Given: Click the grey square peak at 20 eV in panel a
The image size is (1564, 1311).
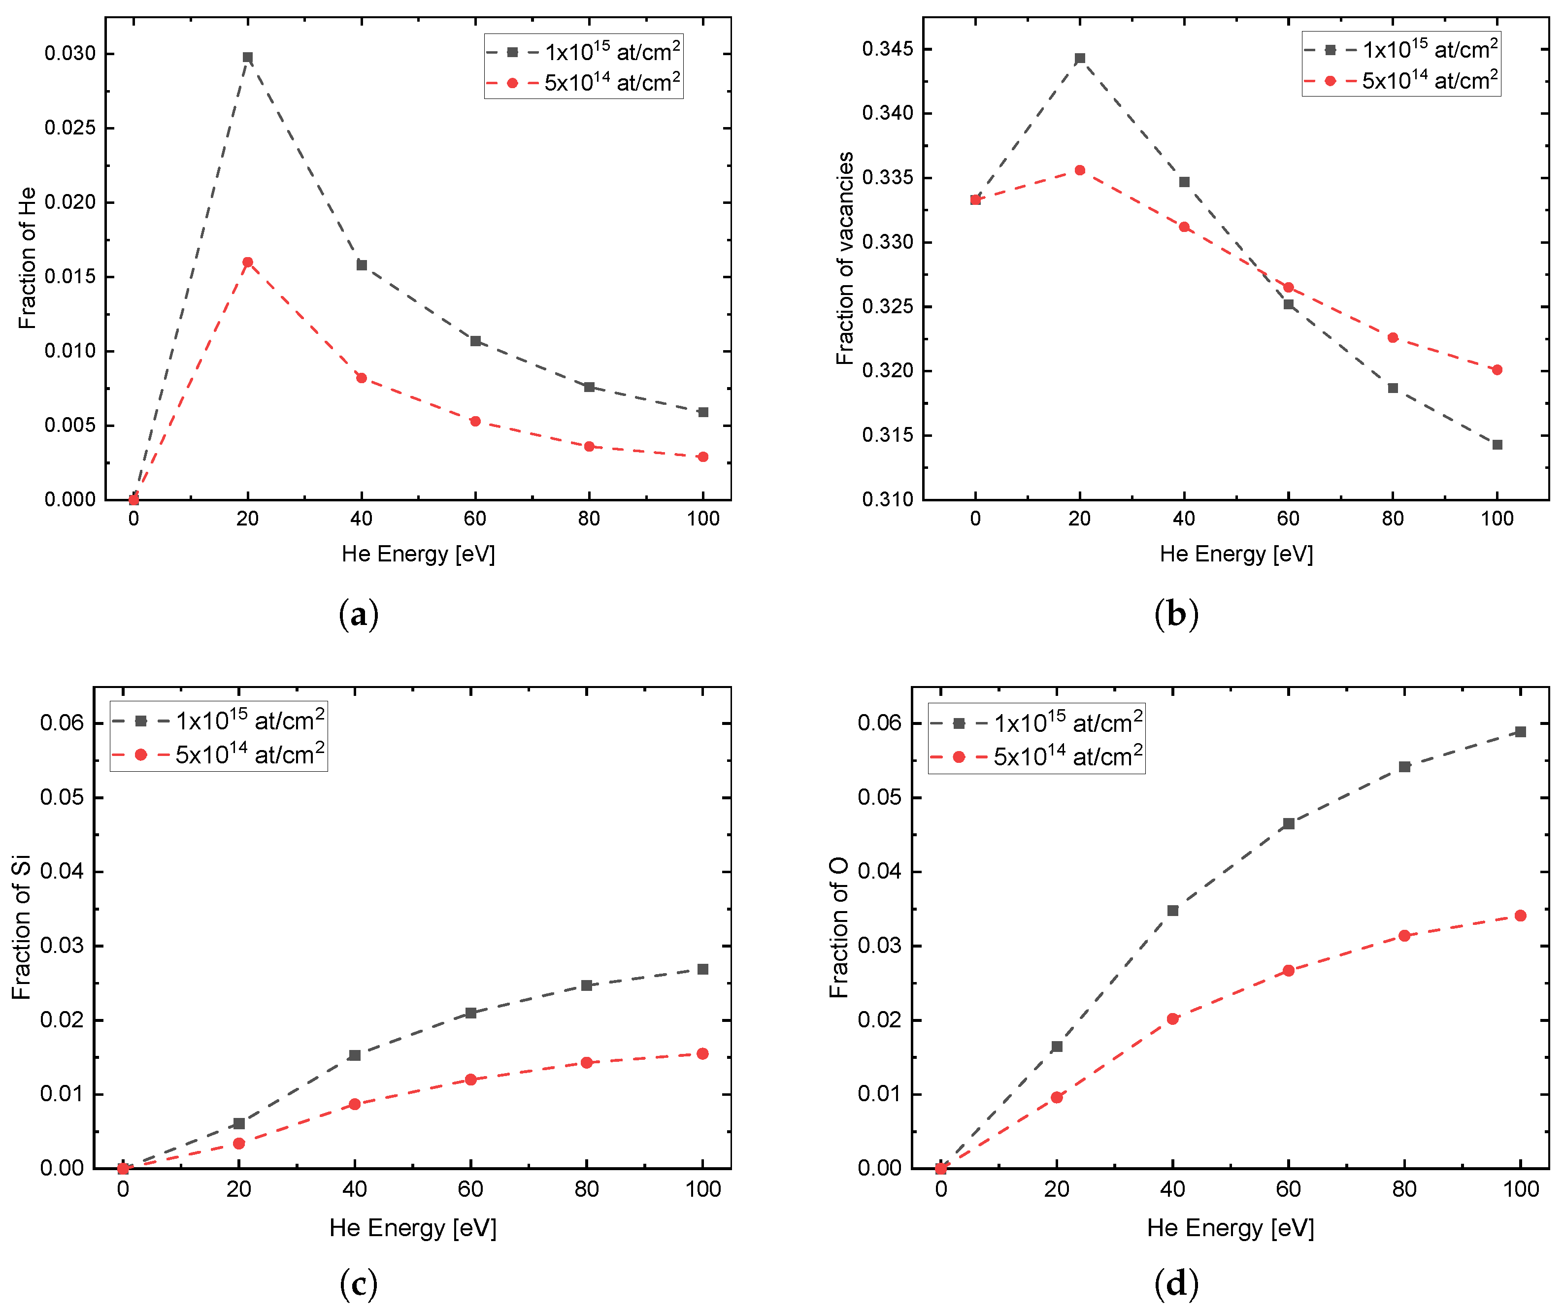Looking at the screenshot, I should [x=247, y=57].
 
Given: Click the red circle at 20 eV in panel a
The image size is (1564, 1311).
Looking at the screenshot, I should [x=247, y=262].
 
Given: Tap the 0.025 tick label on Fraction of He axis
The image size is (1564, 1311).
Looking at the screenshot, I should [x=70, y=128].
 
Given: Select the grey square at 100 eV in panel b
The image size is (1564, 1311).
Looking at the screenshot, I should [x=1497, y=444].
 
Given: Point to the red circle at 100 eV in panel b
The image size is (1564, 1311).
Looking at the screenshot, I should [x=1497, y=369].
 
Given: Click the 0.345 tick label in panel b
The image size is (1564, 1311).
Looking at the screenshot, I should [x=887, y=49].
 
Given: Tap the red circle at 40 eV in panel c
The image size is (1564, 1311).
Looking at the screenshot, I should [x=355, y=1104].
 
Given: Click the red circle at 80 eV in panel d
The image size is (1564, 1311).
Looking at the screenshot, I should [x=1404, y=935].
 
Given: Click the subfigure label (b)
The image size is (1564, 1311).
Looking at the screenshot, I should [x=1176, y=614].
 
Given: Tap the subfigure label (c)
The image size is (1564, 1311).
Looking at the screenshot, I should [x=358, y=1283].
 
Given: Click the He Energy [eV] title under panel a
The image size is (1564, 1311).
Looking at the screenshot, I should [x=418, y=554].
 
